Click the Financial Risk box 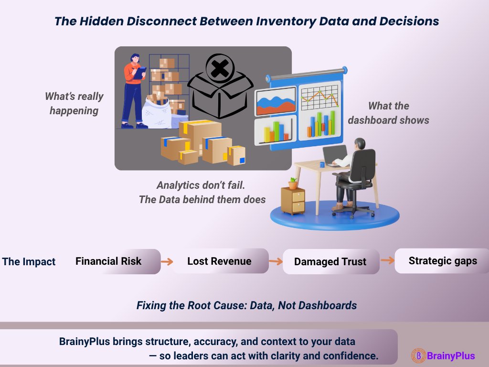click(117, 261)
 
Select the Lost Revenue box click(220, 261)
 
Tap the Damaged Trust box click(330, 262)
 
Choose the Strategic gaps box click(442, 261)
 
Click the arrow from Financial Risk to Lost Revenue click(166, 261)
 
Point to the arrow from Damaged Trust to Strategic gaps click(387, 260)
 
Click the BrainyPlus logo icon click(418, 356)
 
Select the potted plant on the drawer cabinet click(293, 183)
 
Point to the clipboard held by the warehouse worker click(139, 73)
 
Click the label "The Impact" click(29, 262)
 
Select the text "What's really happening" click(74, 103)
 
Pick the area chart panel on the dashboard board click(276, 101)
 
